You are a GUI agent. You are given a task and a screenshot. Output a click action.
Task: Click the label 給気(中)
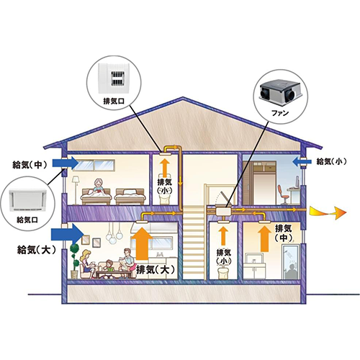30,165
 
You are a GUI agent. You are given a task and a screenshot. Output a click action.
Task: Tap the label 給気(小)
331,161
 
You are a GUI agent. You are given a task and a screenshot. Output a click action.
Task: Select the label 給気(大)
37,251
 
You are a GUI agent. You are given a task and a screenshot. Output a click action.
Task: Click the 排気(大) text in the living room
156,270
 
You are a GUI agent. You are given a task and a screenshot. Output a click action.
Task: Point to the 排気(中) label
283,233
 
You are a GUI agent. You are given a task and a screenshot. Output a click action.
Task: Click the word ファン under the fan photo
280,112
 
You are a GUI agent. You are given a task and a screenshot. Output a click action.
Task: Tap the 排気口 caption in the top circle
114,101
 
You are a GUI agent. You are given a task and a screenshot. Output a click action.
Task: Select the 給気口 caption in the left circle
27,220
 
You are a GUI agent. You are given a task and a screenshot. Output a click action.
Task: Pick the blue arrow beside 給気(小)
302,161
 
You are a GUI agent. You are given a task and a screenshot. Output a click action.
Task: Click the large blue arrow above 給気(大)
67,233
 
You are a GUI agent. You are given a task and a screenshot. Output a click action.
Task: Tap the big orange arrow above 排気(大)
142,243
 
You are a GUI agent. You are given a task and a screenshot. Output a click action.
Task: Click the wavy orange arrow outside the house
328,212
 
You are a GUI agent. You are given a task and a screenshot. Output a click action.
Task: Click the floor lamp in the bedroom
76,190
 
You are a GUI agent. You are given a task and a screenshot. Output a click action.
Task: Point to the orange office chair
282,194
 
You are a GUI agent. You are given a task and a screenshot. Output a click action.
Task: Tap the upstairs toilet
165,199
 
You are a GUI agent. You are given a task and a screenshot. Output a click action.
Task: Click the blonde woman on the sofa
87,264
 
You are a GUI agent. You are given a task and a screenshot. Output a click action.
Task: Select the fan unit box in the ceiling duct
223,212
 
